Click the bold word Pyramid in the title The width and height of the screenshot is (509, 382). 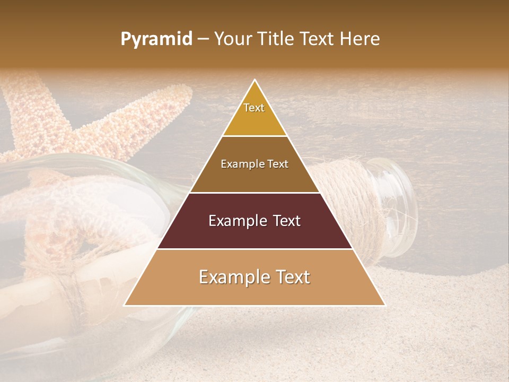(x=156, y=39)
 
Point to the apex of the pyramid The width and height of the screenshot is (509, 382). (x=254, y=81)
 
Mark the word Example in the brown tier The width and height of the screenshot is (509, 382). (x=241, y=164)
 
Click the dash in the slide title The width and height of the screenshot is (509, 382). (x=203, y=39)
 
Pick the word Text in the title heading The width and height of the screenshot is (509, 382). (x=317, y=39)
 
